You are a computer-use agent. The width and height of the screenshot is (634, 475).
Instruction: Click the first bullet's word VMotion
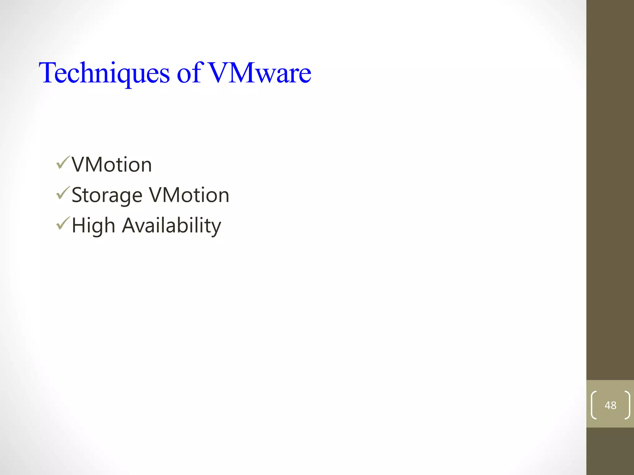[x=112, y=165]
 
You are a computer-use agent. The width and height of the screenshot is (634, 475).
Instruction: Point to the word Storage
[x=107, y=195]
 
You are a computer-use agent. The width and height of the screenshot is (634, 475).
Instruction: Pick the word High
[x=93, y=225]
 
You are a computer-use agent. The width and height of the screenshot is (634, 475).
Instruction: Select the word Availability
[x=172, y=225]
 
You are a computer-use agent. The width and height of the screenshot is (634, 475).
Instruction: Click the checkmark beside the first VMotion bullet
[x=63, y=163]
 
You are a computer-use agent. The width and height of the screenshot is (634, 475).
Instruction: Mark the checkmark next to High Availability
[x=63, y=223]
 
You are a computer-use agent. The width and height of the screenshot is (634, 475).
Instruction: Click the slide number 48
[x=610, y=405]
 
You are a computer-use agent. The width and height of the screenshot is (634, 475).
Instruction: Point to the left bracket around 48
[x=594, y=405]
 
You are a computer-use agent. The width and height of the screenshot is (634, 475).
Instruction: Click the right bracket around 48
[x=627, y=405]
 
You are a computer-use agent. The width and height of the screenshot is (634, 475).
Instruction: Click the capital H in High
[x=79, y=225]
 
